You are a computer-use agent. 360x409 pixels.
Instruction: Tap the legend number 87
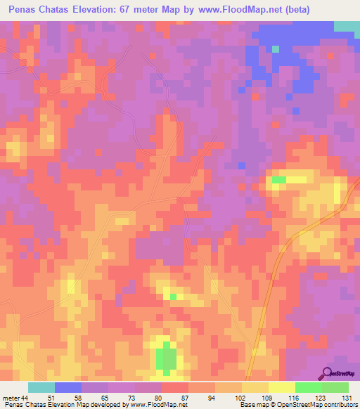184,398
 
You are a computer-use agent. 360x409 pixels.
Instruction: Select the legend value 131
346,398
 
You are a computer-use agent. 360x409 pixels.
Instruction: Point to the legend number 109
265,398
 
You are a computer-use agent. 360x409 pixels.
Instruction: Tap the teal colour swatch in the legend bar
41,387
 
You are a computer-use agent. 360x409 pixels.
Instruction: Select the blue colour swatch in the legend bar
67,387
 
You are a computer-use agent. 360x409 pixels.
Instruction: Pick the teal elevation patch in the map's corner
346,26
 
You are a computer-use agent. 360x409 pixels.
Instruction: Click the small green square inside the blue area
276,49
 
